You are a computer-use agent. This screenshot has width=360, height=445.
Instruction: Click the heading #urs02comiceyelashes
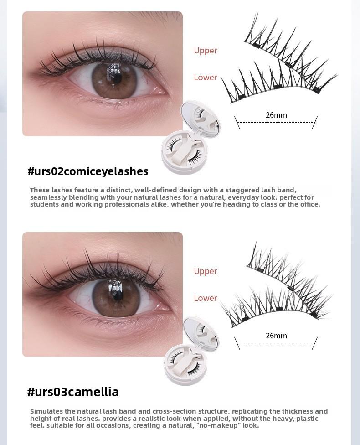pyautogui.click(x=87, y=171)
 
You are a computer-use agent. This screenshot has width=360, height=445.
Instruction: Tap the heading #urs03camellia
pyautogui.click(x=73, y=392)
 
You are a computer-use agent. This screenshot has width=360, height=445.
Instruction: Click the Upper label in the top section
pyautogui.click(x=205, y=51)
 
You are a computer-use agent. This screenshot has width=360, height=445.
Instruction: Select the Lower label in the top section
pyautogui.click(x=205, y=78)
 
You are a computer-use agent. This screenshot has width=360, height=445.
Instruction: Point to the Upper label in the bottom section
pyautogui.click(x=205, y=271)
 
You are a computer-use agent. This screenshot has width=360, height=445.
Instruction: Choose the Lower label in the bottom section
pyautogui.click(x=205, y=298)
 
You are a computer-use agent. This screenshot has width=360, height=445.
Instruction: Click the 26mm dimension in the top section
pyautogui.click(x=276, y=115)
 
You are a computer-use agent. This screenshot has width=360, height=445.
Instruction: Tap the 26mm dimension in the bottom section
pyautogui.click(x=276, y=336)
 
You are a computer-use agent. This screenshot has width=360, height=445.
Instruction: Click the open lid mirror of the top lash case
pyautogui.click(x=200, y=118)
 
